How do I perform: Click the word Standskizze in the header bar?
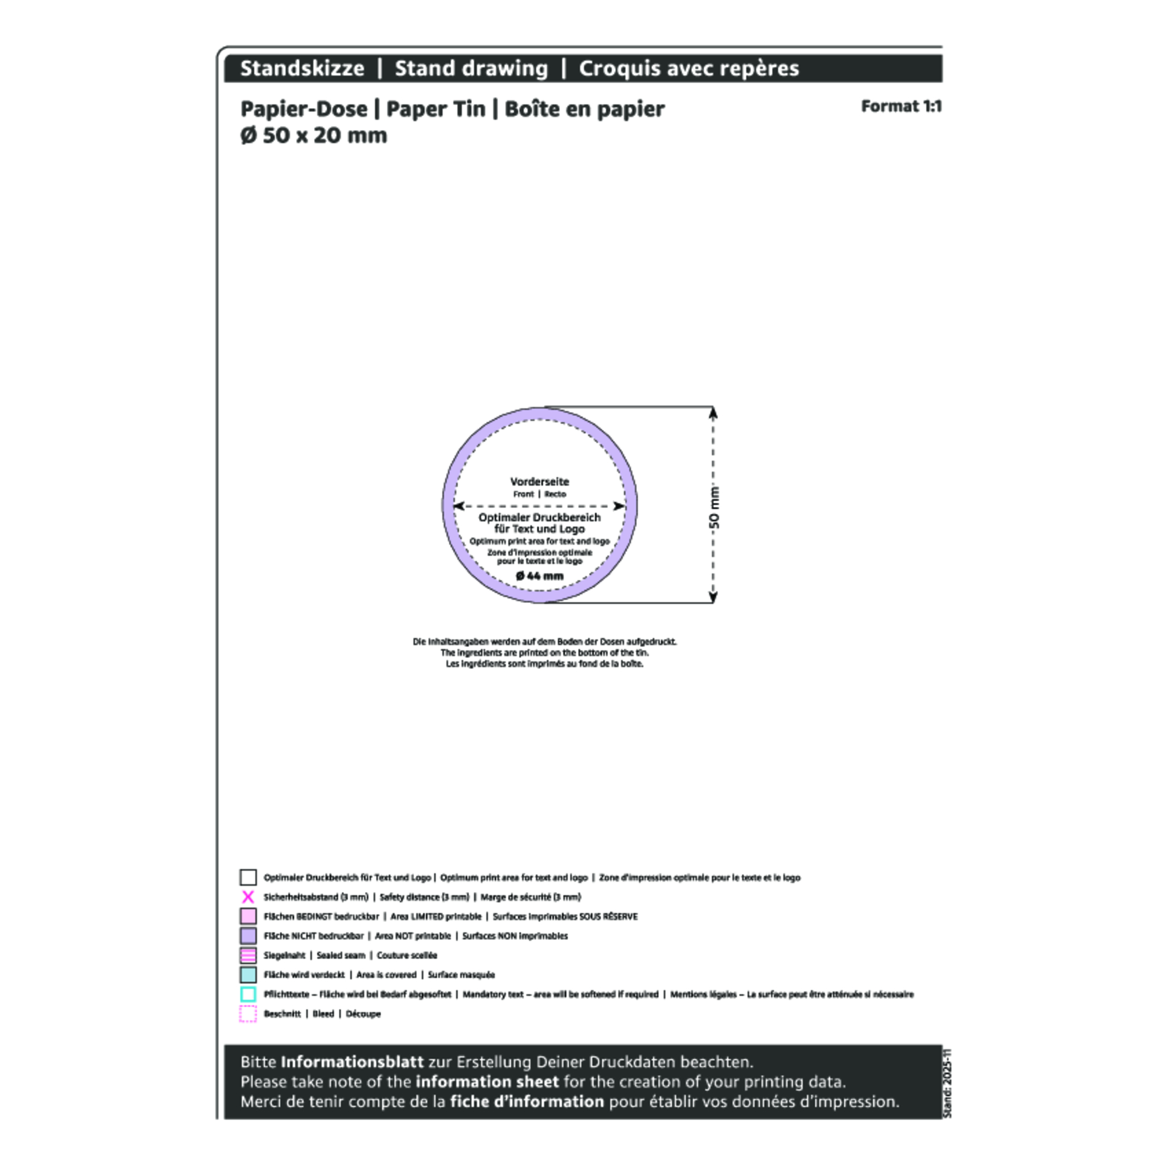302,68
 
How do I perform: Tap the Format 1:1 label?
901,106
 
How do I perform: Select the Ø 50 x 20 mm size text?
313,135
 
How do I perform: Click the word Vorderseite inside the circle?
540,481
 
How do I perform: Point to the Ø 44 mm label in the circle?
540,576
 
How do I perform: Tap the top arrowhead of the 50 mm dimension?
713,412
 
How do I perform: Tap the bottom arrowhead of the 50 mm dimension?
713,597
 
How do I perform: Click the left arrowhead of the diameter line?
459,506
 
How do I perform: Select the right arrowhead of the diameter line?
620,506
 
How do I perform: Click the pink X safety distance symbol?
248,897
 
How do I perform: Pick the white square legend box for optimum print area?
248,878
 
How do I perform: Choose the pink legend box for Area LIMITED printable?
248,917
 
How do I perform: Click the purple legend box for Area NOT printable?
248,936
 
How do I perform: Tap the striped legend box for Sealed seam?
248,955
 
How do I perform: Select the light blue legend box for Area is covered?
248,974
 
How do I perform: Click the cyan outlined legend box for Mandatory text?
248,994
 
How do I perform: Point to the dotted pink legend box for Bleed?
248,1014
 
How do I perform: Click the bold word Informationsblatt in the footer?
352,1062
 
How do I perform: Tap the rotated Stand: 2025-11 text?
947,1083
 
